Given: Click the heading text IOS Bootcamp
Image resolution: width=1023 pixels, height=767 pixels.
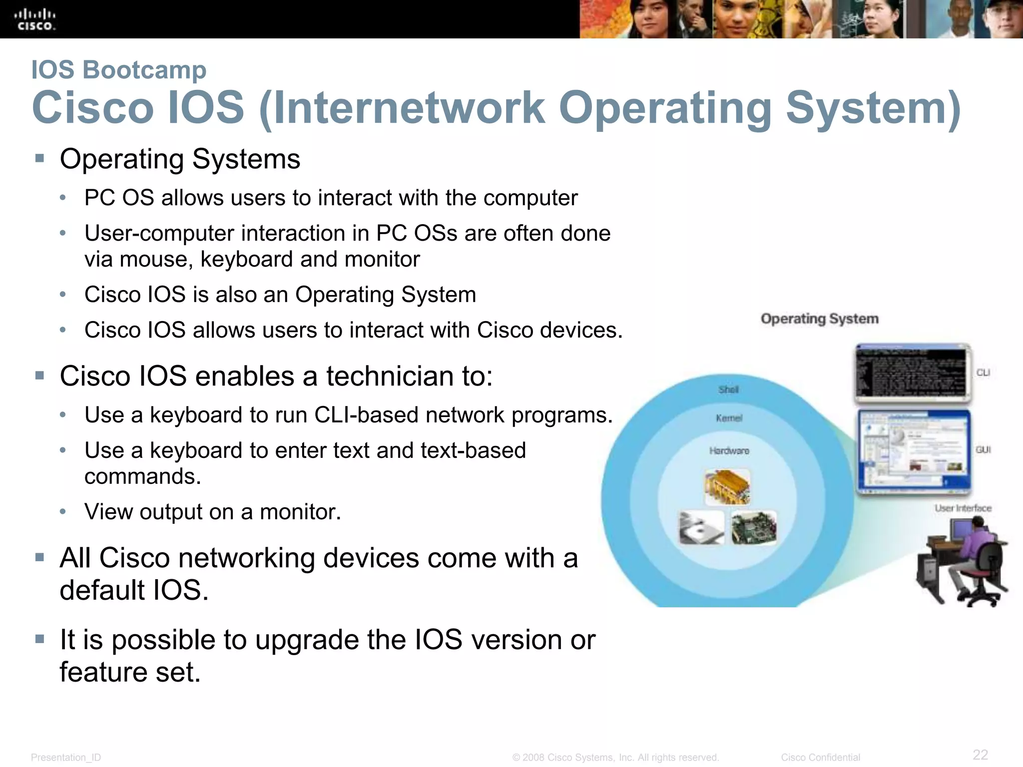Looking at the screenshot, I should coord(118,69).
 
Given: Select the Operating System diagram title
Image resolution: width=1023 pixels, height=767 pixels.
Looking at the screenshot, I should coord(819,319).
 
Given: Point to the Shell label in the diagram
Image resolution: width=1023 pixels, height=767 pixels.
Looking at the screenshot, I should coord(728,389).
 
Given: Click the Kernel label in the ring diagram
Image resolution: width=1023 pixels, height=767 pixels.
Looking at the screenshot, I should coord(729,418).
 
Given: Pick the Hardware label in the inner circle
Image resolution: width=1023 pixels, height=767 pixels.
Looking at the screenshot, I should coord(729,451).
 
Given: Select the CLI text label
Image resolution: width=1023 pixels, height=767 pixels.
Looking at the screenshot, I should coord(983,373).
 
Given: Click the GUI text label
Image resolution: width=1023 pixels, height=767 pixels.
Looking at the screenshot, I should coord(983,450).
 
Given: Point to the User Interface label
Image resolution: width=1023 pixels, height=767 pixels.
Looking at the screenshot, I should coord(963,508).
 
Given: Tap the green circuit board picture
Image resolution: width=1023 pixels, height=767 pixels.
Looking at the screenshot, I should coord(754,528).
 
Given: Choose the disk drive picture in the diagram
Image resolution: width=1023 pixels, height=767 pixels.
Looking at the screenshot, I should coord(701,528).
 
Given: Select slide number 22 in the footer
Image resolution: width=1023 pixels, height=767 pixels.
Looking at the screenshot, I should coord(980,754).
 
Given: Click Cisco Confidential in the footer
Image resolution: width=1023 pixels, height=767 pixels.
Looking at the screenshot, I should coord(820,758).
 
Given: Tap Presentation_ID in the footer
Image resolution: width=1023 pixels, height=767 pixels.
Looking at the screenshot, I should coord(66,758).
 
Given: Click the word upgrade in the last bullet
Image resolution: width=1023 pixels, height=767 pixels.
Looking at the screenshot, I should coord(308,640).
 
